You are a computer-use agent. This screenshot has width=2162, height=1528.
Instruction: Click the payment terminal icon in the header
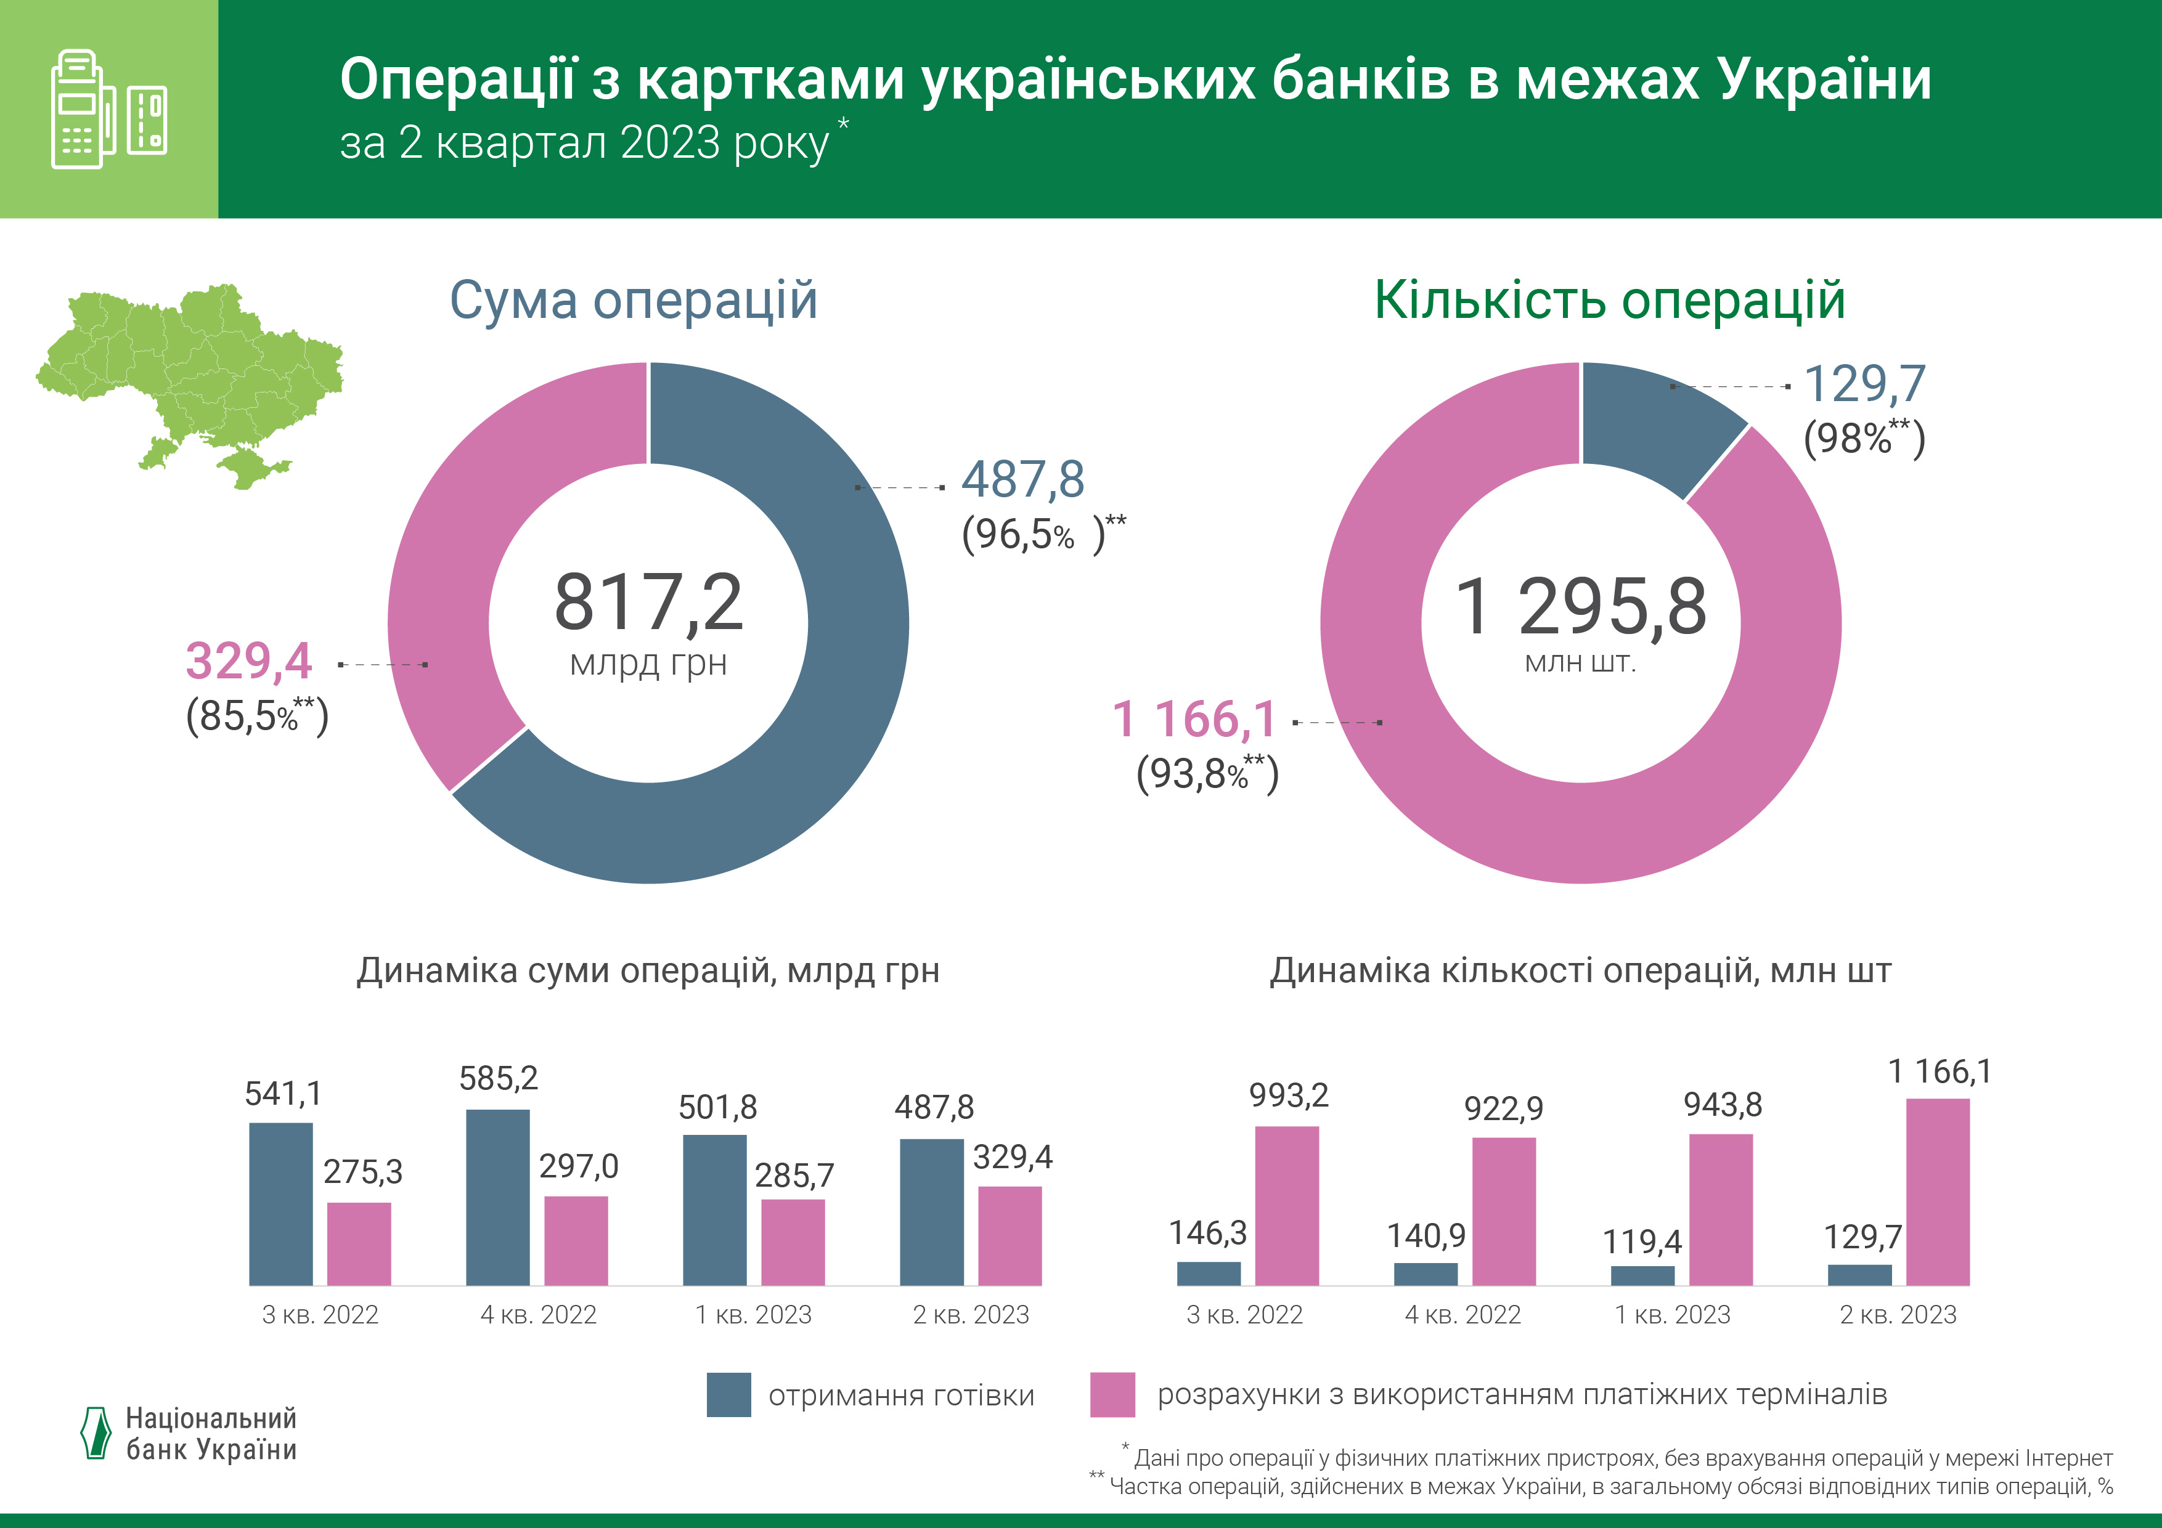click(107, 109)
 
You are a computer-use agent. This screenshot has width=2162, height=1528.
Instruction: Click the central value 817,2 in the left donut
click(649, 603)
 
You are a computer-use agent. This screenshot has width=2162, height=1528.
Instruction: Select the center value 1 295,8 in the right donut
click(1580, 608)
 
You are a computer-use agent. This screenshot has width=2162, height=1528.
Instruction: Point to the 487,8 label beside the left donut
click(1022, 480)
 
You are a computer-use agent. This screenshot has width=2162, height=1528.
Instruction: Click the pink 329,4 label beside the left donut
click(248, 661)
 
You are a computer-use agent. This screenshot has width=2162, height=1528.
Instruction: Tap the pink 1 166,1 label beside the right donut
click(1194, 720)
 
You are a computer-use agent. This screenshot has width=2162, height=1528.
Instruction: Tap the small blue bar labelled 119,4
click(1642, 1275)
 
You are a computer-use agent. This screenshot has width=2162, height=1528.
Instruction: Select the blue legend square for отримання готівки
click(729, 1394)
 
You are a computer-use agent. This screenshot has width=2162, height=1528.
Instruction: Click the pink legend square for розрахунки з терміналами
click(1112, 1394)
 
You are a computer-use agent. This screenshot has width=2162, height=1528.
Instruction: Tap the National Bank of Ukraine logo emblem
click(96, 1433)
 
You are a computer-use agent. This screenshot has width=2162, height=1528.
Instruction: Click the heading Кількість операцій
click(1609, 300)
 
